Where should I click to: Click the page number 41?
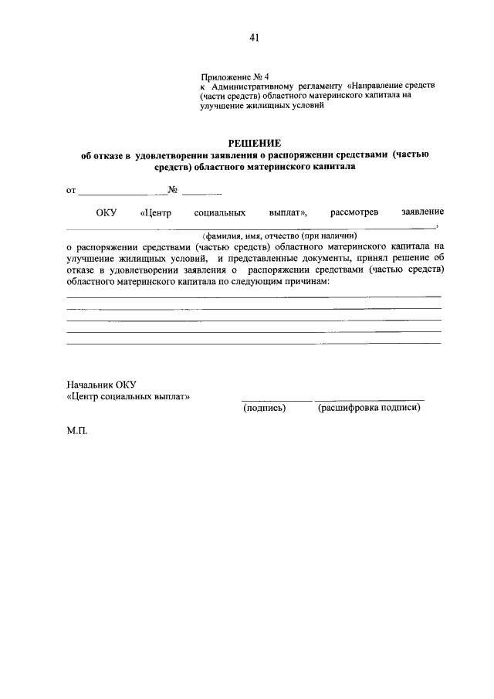click(255, 37)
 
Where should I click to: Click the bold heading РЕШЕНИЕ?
click(255, 143)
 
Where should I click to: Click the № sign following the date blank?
click(173, 190)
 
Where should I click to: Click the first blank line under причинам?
click(254, 296)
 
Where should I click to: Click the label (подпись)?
click(264, 408)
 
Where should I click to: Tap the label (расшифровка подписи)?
click(369, 408)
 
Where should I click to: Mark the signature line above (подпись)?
click(277, 399)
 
